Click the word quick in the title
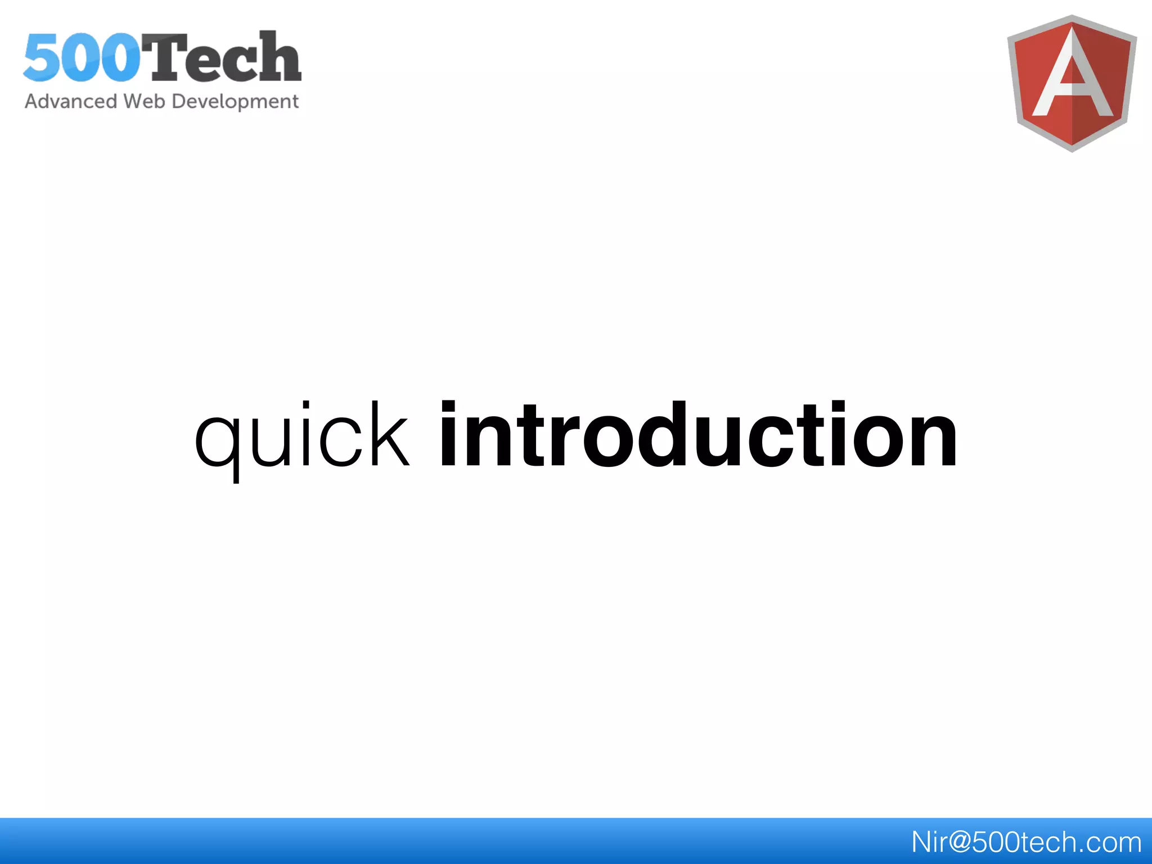coord(302,436)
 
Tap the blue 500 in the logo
coord(82,58)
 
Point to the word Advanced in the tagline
coord(71,101)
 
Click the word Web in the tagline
coord(144,101)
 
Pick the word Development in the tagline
coord(235,102)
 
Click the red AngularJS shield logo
coord(1072,83)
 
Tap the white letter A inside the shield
coord(1072,79)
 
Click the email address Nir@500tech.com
coord(1026,842)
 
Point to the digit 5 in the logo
coord(42,58)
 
